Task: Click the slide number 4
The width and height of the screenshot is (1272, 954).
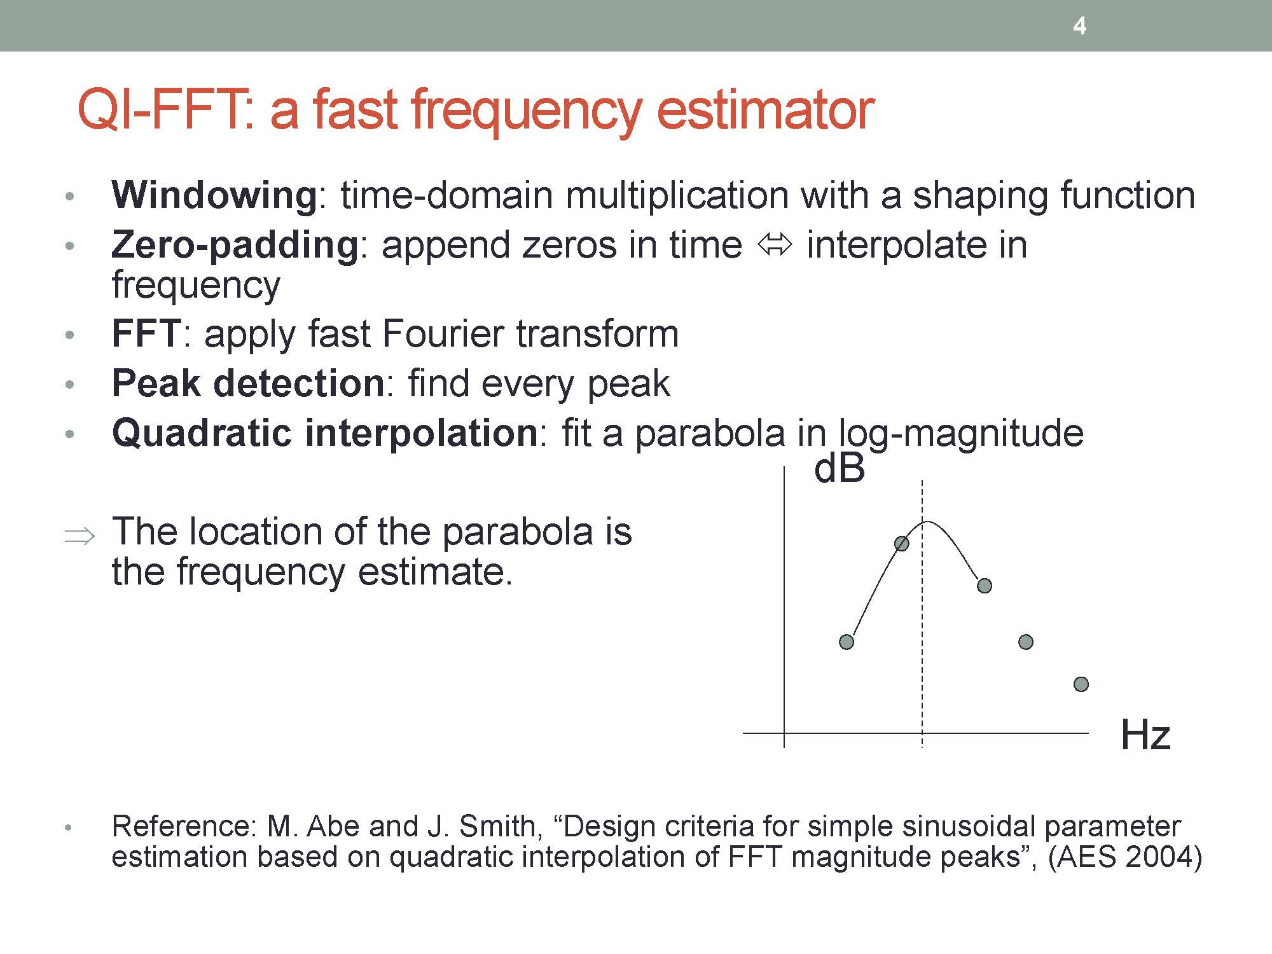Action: pyautogui.click(x=1079, y=26)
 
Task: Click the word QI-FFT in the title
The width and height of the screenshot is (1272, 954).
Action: pyautogui.click(x=166, y=109)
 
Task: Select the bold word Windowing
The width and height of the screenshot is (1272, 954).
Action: pyautogui.click(x=214, y=196)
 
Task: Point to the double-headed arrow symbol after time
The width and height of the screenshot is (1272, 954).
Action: pyautogui.click(x=775, y=245)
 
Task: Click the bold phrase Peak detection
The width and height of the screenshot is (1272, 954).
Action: pyautogui.click(x=248, y=384)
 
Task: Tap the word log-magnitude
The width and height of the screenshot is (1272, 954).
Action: pyautogui.click(x=961, y=435)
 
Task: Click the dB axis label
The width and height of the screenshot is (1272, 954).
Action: pyautogui.click(x=840, y=469)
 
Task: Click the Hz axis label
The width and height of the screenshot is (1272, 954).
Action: pyautogui.click(x=1145, y=735)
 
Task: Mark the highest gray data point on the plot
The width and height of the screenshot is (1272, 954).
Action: pyautogui.click(x=902, y=543)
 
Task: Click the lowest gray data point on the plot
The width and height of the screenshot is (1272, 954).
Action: pyautogui.click(x=1081, y=684)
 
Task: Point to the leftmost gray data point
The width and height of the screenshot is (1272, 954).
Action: pyautogui.click(x=847, y=642)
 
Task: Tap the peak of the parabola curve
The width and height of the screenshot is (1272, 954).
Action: pyautogui.click(x=927, y=522)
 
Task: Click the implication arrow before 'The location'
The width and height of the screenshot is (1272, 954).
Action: pyautogui.click(x=79, y=536)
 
